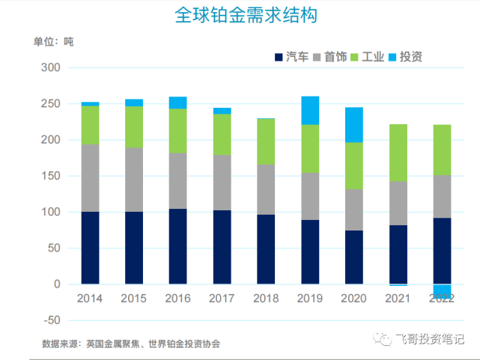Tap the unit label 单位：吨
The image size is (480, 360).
[54, 41]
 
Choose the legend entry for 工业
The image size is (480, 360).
[373, 57]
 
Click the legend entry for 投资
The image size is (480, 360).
[411, 57]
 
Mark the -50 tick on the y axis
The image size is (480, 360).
[49, 320]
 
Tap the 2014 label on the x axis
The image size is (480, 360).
[90, 299]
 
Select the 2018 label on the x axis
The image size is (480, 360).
[267, 299]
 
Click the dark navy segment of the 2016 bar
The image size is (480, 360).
[178, 247]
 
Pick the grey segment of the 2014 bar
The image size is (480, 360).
[90, 178]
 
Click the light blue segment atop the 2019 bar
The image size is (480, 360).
[310, 110]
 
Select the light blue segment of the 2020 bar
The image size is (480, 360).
[354, 124]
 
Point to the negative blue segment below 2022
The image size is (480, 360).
[443, 291]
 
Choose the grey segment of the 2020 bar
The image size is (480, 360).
[354, 210]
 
